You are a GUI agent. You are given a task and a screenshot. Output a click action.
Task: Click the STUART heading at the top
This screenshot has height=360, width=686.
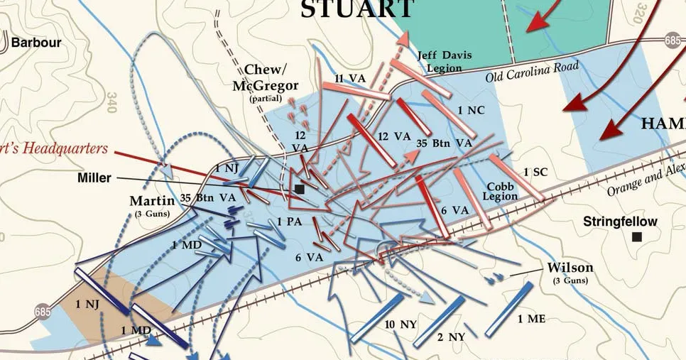tap(357, 9)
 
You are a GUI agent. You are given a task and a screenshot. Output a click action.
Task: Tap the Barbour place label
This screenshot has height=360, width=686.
tap(36, 43)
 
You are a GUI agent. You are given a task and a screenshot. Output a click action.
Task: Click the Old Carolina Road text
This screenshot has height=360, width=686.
tap(532, 71)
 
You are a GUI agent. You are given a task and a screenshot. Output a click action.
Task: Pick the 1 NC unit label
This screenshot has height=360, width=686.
tap(471, 110)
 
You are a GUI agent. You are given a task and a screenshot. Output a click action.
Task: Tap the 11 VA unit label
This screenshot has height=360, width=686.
tap(349, 79)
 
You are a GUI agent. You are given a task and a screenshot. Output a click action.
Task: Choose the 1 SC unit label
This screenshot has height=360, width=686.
tap(536, 172)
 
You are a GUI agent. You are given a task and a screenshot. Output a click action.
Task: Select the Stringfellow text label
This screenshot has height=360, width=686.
tap(620, 222)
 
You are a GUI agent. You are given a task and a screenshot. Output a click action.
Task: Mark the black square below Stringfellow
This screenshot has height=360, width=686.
tap(636, 237)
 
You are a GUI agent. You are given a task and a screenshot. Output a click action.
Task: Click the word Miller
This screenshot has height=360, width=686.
tap(94, 178)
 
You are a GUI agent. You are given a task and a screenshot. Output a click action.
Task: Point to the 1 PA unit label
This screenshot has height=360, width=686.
tap(290, 222)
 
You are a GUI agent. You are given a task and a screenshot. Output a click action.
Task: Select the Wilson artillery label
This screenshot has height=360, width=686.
tap(570, 268)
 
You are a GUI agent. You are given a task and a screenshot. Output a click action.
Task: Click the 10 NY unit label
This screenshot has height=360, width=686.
tap(401, 324)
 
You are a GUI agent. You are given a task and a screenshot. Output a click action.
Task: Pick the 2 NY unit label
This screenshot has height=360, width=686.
tap(450, 337)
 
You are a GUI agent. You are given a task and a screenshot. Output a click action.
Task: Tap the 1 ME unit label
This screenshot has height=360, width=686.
tap(531, 319)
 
